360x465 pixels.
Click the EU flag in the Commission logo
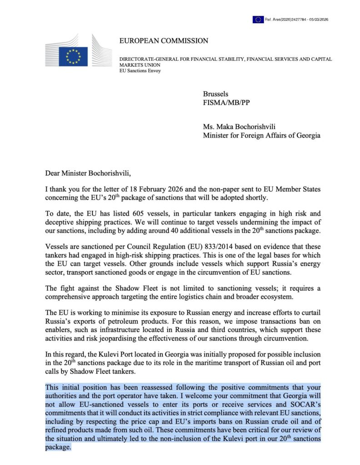pyautogui.click(x=73, y=56)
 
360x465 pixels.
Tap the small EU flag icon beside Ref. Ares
pyautogui.click(x=258, y=19)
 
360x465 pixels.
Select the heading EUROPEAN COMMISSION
pyautogui.click(x=164, y=41)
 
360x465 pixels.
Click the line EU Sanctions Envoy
pyautogui.click(x=140, y=70)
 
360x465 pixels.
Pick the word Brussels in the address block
pyautogui.click(x=215, y=94)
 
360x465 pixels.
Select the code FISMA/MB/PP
pyautogui.click(x=226, y=102)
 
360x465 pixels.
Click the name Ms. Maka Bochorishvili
pyautogui.click(x=241, y=127)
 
